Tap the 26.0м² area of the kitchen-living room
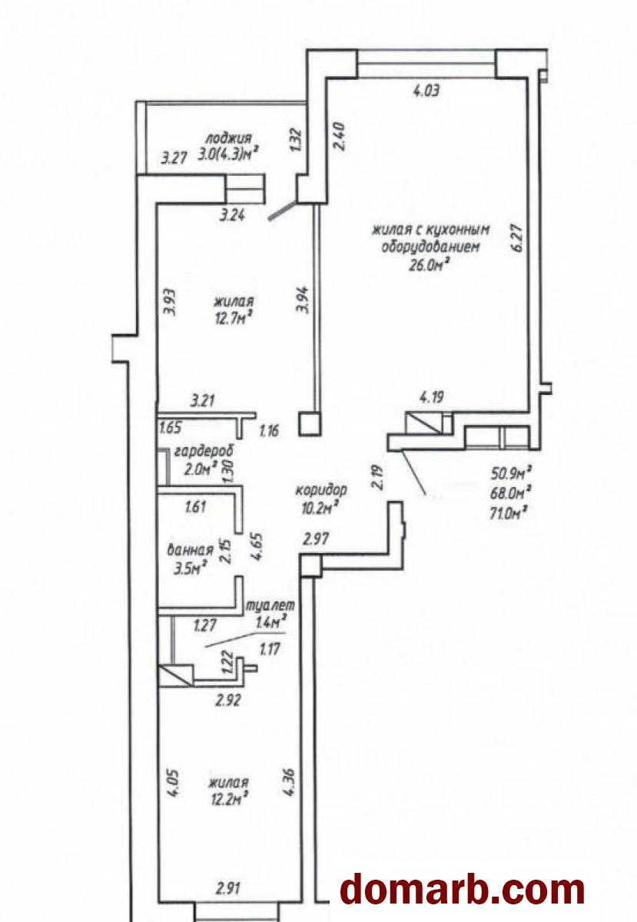pyautogui.click(x=428, y=266)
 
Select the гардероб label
pyautogui.click(x=204, y=451)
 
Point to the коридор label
pyautogui.click(x=321, y=490)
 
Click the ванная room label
pyautogui.click(x=191, y=549)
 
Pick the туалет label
pyautogui.click(x=270, y=605)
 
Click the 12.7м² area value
pyautogui.click(x=233, y=318)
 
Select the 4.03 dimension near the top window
pyautogui.click(x=426, y=90)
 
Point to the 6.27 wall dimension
pyautogui.click(x=517, y=237)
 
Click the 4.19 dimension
pyautogui.click(x=432, y=398)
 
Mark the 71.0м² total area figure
pyautogui.click(x=509, y=513)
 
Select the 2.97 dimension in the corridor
pyautogui.click(x=316, y=539)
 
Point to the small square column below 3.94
pyautogui.click(x=311, y=423)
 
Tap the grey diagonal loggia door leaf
pyautogui.click(x=282, y=211)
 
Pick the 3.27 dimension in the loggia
pyautogui.click(x=174, y=158)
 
